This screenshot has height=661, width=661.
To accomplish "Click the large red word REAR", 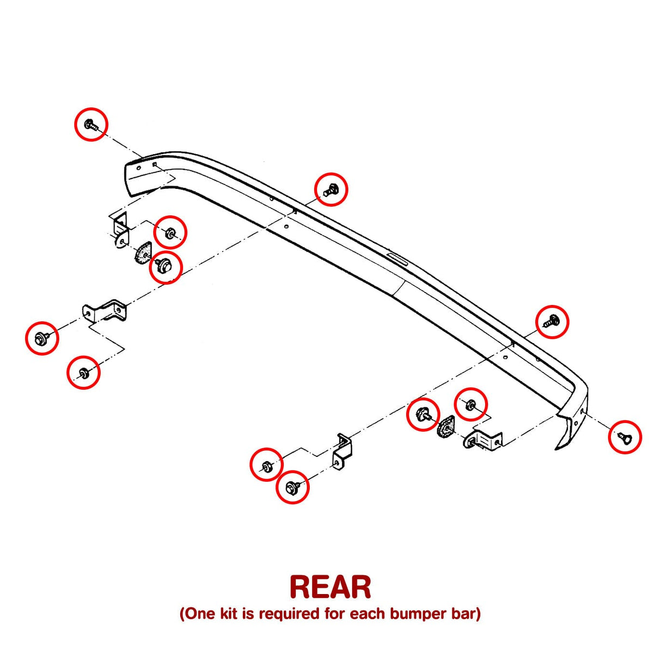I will click(330, 587).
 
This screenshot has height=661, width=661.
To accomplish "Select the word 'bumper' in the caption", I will click(419, 614).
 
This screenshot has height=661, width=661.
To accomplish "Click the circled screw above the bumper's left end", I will click(91, 125).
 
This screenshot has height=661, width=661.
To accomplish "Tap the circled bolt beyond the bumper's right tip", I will click(624, 437).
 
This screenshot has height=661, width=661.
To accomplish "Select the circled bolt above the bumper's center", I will click(331, 189).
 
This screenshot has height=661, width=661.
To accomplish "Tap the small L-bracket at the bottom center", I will click(342, 452).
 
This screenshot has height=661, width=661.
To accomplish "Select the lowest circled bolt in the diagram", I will click(292, 487).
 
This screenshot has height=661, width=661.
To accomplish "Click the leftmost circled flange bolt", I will click(41, 339).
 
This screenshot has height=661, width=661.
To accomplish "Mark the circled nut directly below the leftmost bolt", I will click(83, 372).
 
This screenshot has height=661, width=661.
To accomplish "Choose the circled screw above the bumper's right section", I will click(552, 321).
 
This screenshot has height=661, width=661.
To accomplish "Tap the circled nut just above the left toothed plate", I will click(170, 232).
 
